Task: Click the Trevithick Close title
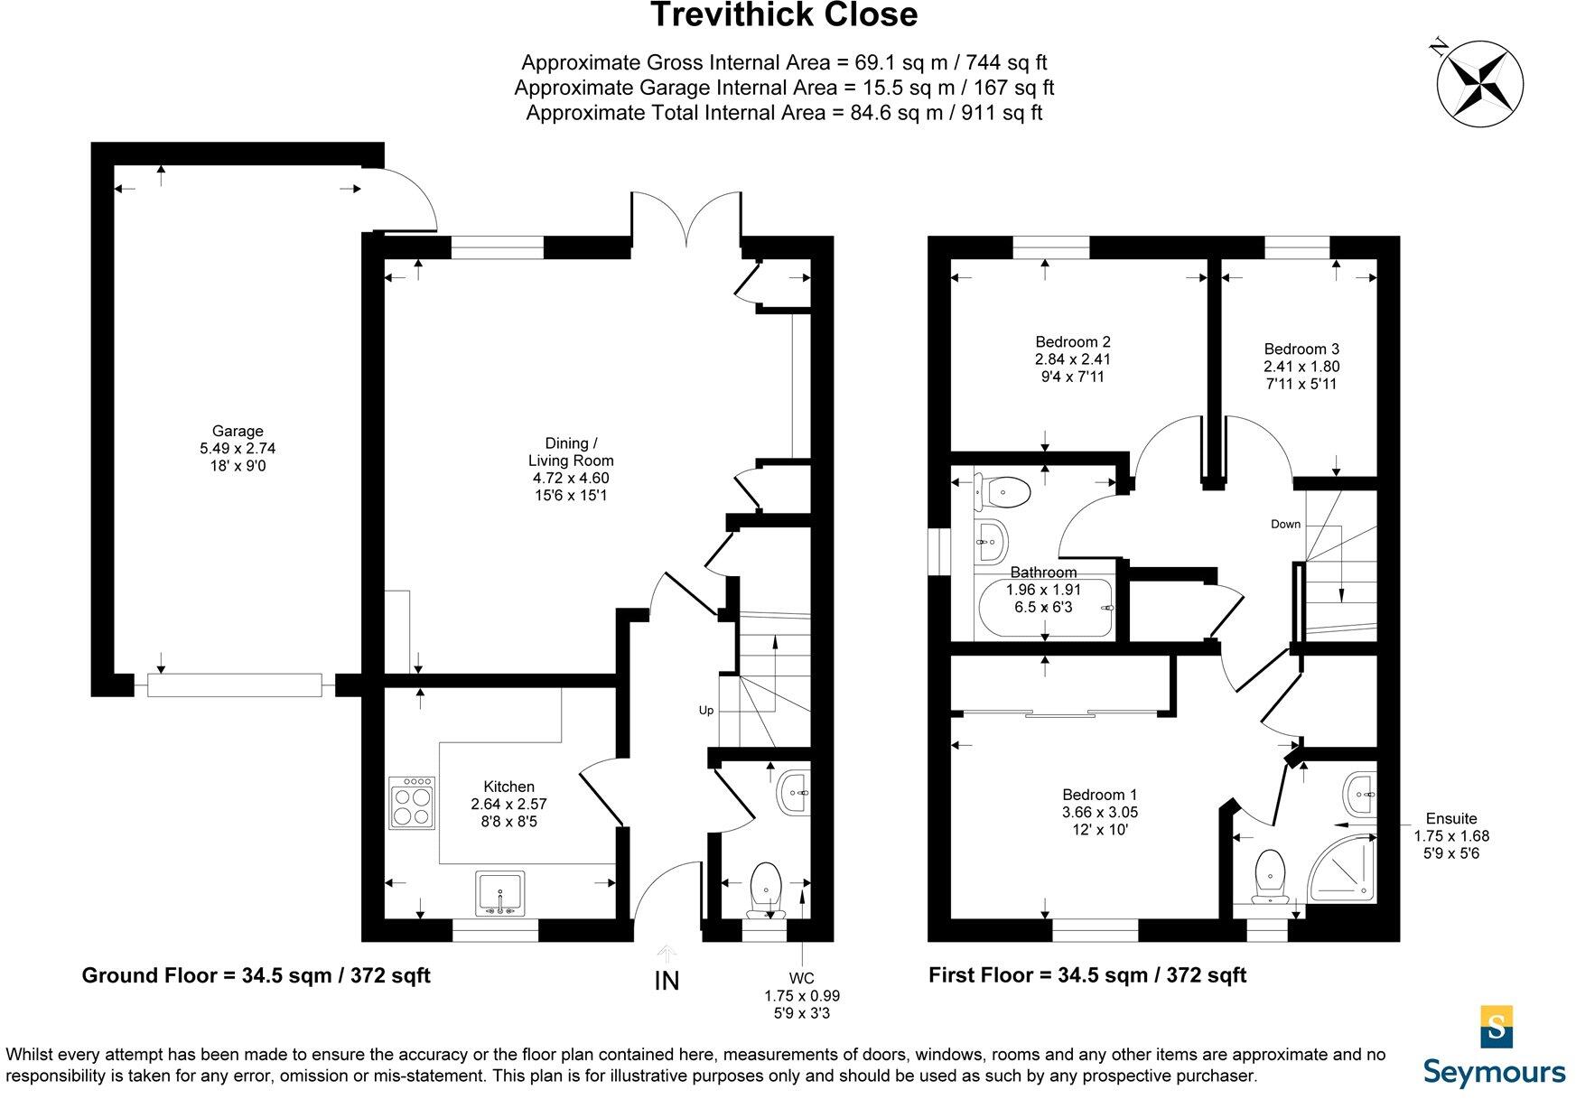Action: coord(783,15)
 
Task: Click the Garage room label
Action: coord(238,432)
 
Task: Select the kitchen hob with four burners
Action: coord(414,803)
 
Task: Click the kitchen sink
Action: coord(500,894)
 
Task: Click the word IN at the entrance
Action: coord(667,981)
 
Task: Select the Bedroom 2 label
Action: coord(1072,342)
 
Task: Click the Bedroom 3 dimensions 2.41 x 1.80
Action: coord(1301,367)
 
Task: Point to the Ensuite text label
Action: coord(1451,819)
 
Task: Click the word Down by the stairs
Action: coord(1285,524)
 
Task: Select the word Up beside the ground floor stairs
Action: coord(706,711)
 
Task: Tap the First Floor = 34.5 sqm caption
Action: coord(1087,975)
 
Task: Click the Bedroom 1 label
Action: coord(1099,795)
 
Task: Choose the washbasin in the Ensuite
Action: coord(1359,794)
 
